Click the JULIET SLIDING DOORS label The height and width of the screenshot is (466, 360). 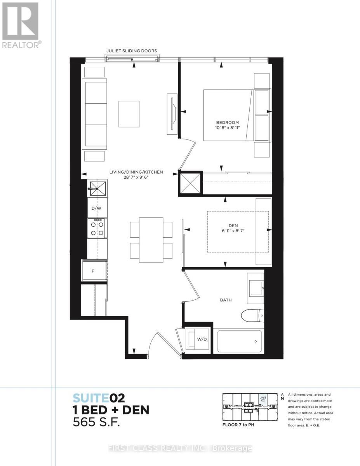click(x=132, y=51)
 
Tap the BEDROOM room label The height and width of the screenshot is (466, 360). click(x=227, y=122)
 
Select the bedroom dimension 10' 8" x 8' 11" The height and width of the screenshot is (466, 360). click(x=227, y=128)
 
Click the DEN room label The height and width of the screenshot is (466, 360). click(x=233, y=226)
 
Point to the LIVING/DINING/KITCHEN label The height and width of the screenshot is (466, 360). click(x=136, y=172)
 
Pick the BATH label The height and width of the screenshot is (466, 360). click(x=226, y=300)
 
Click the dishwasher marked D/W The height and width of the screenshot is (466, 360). click(x=96, y=208)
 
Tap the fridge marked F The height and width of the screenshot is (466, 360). click(x=94, y=271)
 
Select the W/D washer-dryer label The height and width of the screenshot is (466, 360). click(x=202, y=339)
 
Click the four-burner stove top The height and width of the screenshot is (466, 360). click(x=97, y=229)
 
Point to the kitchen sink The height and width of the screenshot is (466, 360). click(x=98, y=189)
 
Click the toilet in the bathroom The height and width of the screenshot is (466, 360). click(x=252, y=315)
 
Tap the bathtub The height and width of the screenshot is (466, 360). click(x=240, y=341)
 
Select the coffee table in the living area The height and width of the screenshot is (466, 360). click(x=129, y=114)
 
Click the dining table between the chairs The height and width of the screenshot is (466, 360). click(x=151, y=240)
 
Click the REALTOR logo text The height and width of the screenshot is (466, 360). click(x=21, y=45)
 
